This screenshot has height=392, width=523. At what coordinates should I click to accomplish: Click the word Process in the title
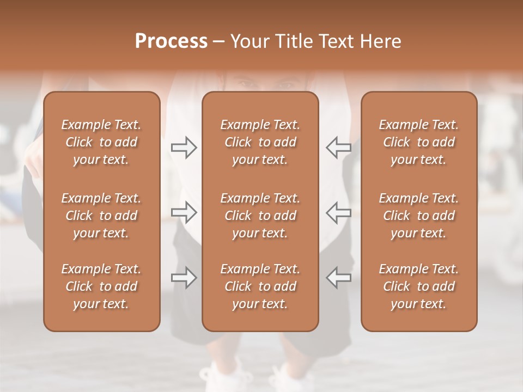coord(171,41)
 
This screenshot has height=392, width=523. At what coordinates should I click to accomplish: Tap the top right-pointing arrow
coord(184,148)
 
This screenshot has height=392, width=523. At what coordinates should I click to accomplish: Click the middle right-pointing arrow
coord(184,212)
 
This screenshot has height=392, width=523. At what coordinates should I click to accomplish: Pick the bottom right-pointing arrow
coord(184,278)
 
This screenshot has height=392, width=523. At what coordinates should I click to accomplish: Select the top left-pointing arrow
coord(338,148)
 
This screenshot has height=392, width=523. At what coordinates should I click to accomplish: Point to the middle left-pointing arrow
coord(338,212)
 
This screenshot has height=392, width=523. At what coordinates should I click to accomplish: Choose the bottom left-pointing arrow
coord(338,278)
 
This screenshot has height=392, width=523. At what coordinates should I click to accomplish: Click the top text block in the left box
coord(101,142)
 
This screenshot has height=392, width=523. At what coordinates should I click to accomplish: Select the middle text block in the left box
coord(101,216)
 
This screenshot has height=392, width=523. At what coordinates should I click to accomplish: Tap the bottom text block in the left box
coord(101,286)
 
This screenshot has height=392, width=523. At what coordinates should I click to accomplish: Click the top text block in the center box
coord(260,142)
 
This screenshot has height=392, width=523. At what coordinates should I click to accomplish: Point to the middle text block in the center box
coord(260,216)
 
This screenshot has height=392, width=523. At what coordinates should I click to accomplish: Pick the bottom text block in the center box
coord(260,286)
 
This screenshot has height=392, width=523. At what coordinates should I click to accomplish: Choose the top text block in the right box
coord(419,142)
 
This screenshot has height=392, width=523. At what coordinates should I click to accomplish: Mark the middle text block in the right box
coord(419,216)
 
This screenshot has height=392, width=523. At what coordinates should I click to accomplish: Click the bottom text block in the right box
coord(419,286)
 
